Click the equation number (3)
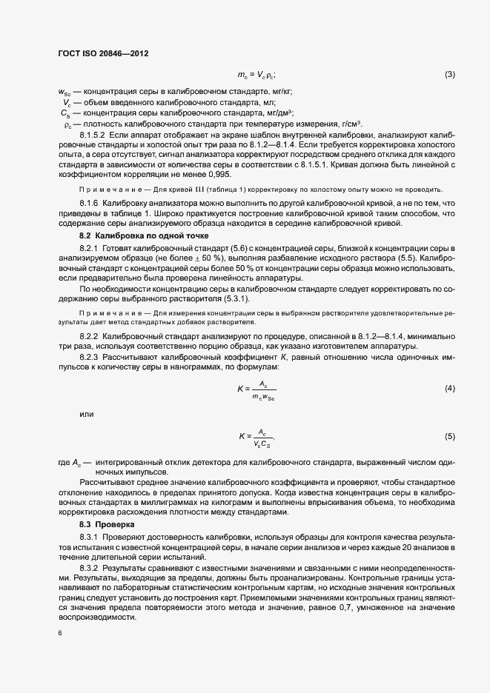pos(449,75)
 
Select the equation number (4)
pos(449,389)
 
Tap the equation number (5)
pos(449,437)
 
